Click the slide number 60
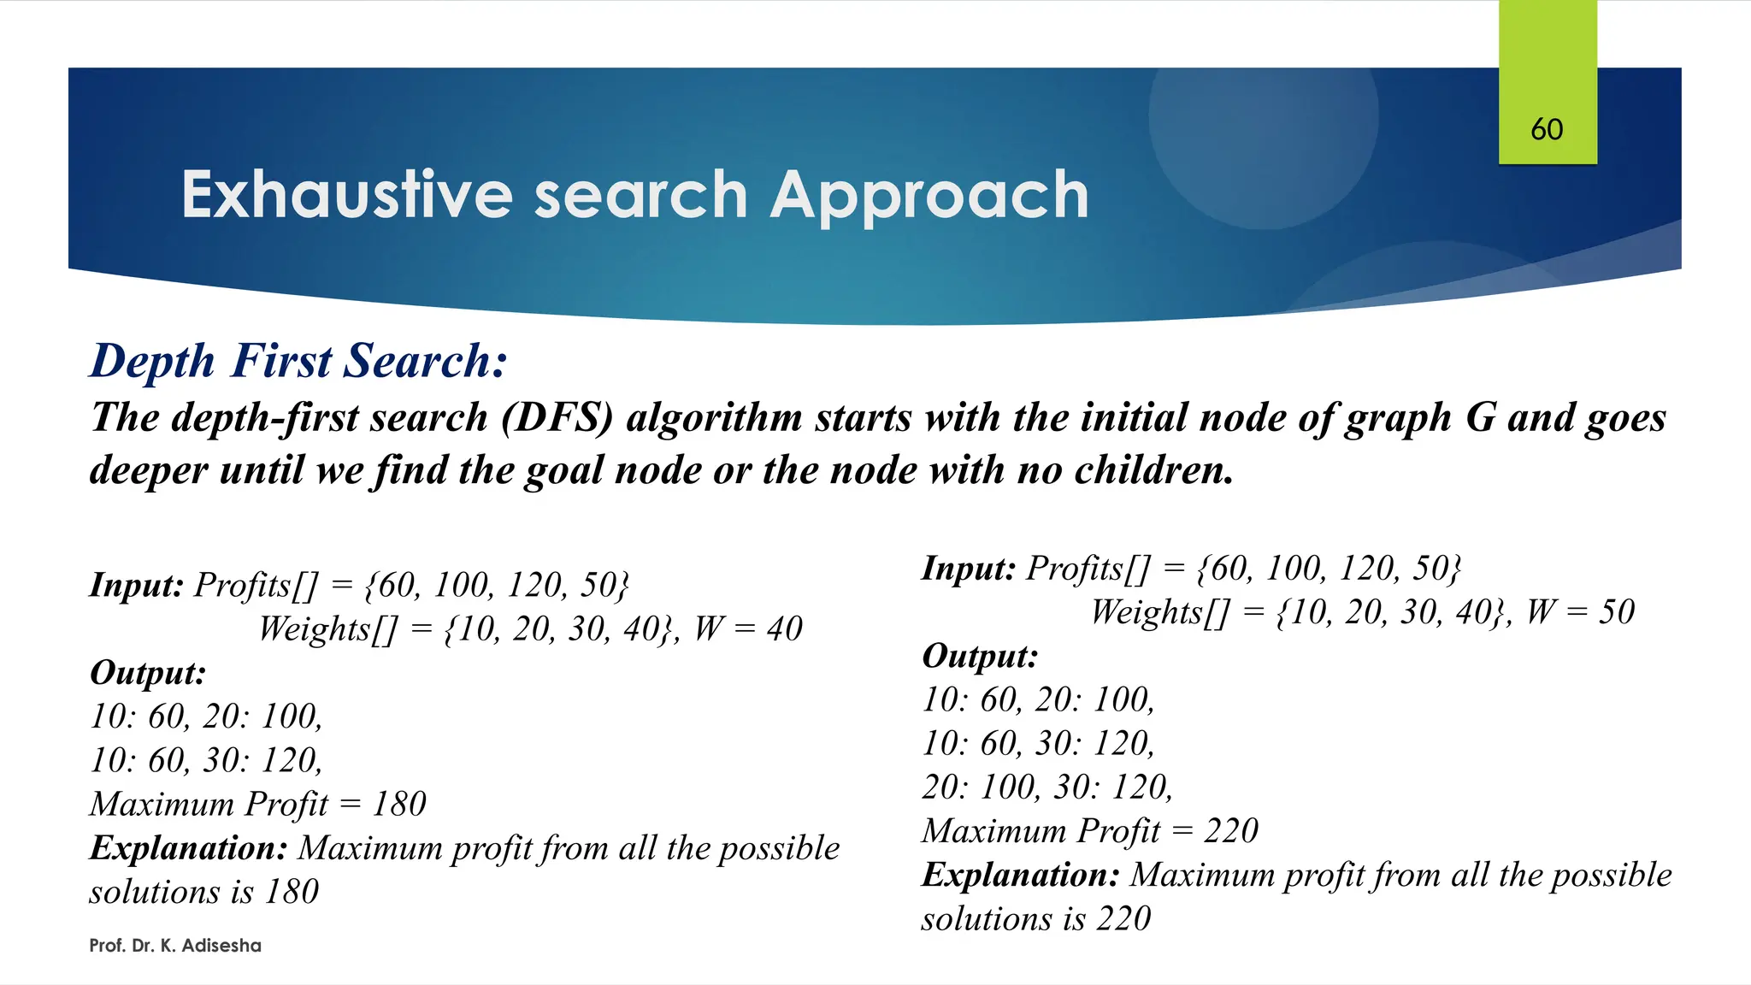click(x=1547, y=130)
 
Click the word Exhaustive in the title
click(x=346, y=195)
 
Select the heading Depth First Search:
click(x=298, y=361)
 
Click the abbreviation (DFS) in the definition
click(x=557, y=418)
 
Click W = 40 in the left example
click(x=748, y=629)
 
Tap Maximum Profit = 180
click(x=257, y=805)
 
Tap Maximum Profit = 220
click(x=1089, y=831)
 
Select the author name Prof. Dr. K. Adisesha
click(x=175, y=946)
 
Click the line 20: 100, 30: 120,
click(x=1046, y=787)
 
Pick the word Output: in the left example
click(x=148, y=673)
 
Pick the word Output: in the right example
click(x=980, y=657)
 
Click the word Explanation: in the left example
click(x=188, y=848)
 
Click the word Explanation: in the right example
click(x=1020, y=876)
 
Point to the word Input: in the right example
click(x=968, y=569)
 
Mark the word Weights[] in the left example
click(x=327, y=629)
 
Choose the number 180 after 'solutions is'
click(x=292, y=893)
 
